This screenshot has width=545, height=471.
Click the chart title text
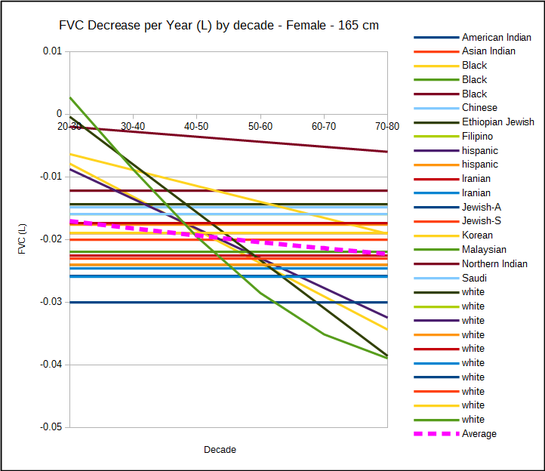click(x=219, y=26)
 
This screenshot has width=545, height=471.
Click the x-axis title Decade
click(x=220, y=450)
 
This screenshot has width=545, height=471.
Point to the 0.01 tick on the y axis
click(x=52, y=51)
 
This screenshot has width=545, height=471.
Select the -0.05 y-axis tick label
click(x=51, y=427)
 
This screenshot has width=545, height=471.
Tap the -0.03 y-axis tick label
click(x=51, y=302)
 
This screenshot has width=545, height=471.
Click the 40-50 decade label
click(x=196, y=126)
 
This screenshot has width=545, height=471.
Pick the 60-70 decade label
click(x=323, y=126)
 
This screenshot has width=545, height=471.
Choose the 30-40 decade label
click(x=133, y=126)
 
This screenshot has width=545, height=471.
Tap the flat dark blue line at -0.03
click(x=226, y=302)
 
